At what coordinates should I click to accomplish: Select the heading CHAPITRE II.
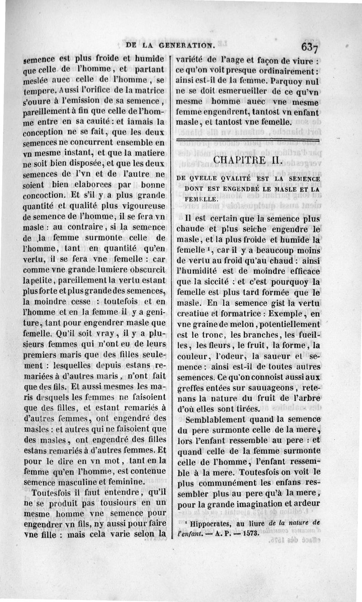[x=248, y=160]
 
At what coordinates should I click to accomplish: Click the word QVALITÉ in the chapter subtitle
[x=223, y=180]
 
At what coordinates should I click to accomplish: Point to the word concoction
[x=44, y=196]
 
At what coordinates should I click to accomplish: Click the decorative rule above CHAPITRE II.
[x=248, y=141]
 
